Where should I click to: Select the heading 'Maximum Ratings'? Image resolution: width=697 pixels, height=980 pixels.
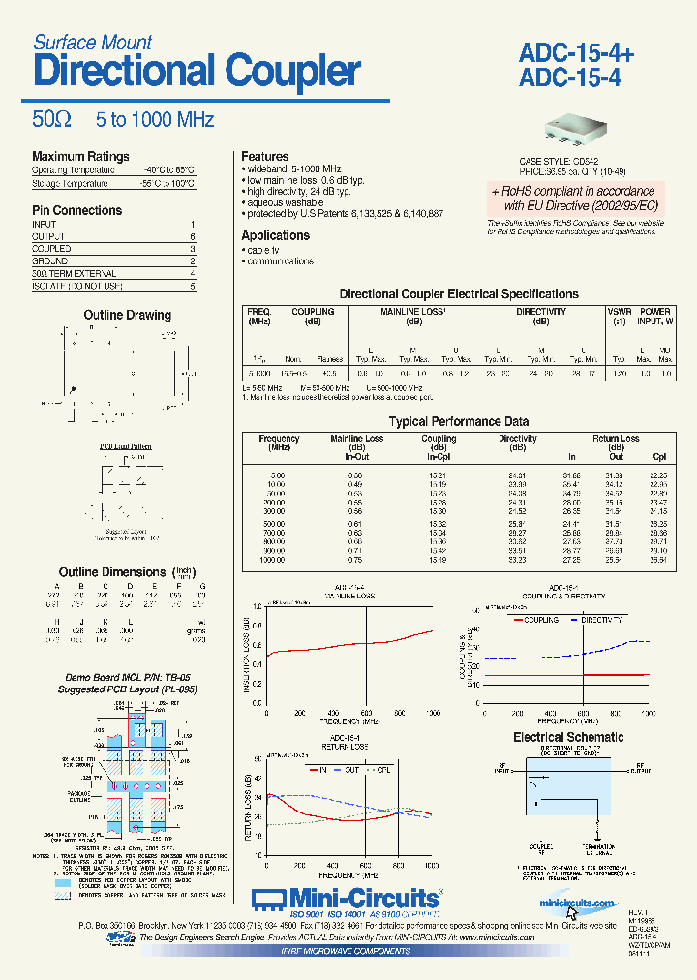click(80, 157)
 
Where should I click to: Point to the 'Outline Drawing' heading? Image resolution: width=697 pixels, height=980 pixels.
click(127, 316)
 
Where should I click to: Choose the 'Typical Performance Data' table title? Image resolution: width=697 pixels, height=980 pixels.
click(458, 422)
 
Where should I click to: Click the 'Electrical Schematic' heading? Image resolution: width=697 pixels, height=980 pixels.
click(567, 738)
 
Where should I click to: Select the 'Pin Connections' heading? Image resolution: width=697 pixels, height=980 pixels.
click(76, 210)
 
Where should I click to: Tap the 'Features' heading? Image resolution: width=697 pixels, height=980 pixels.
click(264, 157)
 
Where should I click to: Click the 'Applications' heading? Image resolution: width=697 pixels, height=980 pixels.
click(275, 236)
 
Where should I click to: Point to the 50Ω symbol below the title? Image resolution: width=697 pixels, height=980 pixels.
click(51, 120)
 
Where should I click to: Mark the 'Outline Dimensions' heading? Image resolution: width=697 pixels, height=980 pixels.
click(112, 572)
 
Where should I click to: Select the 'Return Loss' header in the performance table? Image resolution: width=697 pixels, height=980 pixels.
click(616, 439)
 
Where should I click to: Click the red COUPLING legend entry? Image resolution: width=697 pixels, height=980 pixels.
click(539, 619)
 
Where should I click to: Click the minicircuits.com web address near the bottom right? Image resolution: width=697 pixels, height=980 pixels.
click(578, 903)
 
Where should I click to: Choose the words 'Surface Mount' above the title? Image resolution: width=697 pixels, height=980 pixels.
click(92, 43)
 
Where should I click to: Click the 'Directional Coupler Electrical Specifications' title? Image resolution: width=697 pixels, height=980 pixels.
click(458, 294)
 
